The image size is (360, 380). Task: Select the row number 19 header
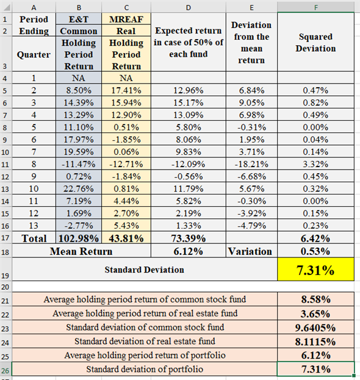pos(5,269)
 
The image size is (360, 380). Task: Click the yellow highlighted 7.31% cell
pos(315,270)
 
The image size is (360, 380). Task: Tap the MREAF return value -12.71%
pos(126,163)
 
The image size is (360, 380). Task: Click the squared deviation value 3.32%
pos(315,163)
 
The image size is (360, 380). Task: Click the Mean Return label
pos(81,251)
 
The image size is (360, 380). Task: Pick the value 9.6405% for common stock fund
pos(315,328)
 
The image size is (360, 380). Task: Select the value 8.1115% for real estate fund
pos(315,342)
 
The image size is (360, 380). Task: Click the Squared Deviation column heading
pos(315,43)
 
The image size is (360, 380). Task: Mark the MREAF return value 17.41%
pos(126,90)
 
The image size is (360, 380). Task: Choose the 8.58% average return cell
pos(315,299)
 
